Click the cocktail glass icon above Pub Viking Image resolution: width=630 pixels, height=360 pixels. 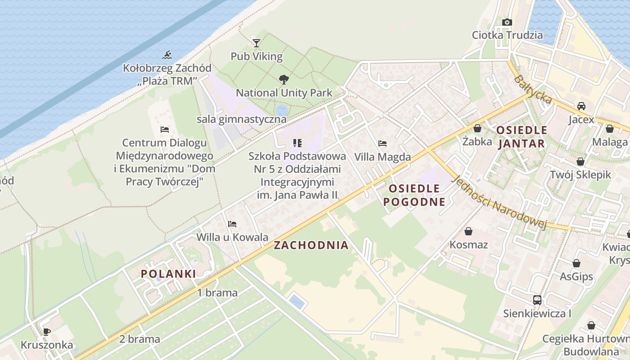[x=256, y=43]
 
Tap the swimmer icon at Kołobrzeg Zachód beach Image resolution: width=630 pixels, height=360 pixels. [x=167, y=55]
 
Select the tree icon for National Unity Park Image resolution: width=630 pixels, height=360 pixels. [x=284, y=80]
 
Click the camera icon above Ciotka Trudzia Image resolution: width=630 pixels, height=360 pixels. [x=507, y=22]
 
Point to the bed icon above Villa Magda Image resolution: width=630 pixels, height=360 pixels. [x=382, y=144]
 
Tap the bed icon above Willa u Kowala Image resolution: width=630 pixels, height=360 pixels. [x=232, y=224]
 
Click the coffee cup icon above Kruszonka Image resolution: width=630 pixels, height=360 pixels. [x=46, y=332]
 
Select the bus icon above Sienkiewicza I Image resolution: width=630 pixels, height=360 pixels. [x=537, y=300]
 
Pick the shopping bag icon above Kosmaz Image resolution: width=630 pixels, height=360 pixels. [x=468, y=231]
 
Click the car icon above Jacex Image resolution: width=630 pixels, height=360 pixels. [x=581, y=106]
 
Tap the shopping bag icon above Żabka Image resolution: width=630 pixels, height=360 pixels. [x=477, y=129]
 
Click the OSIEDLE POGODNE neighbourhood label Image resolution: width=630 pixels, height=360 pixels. [x=414, y=195]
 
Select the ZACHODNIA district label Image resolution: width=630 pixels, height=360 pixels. [x=311, y=245]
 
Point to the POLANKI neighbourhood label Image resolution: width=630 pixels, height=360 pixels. [x=168, y=274]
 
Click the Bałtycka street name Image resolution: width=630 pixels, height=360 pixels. [x=533, y=90]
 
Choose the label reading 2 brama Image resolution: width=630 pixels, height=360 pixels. [x=139, y=339]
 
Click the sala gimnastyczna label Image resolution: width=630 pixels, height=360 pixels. [x=241, y=119]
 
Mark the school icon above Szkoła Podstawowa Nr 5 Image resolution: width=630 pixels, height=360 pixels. [x=297, y=143]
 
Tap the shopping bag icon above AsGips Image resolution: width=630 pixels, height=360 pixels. [x=576, y=263]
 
